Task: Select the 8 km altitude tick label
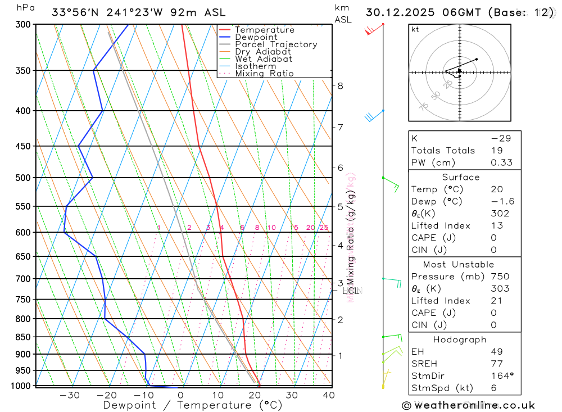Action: (340, 86)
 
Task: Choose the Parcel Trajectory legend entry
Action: (276, 44)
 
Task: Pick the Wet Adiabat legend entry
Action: (264, 59)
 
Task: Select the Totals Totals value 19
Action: (495, 150)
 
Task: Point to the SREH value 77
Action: (496, 364)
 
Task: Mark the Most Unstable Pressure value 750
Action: (500, 277)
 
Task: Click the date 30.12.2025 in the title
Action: (398, 12)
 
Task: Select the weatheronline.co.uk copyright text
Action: (469, 405)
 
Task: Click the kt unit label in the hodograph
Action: (415, 29)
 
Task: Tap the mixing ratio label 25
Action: (324, 228)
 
